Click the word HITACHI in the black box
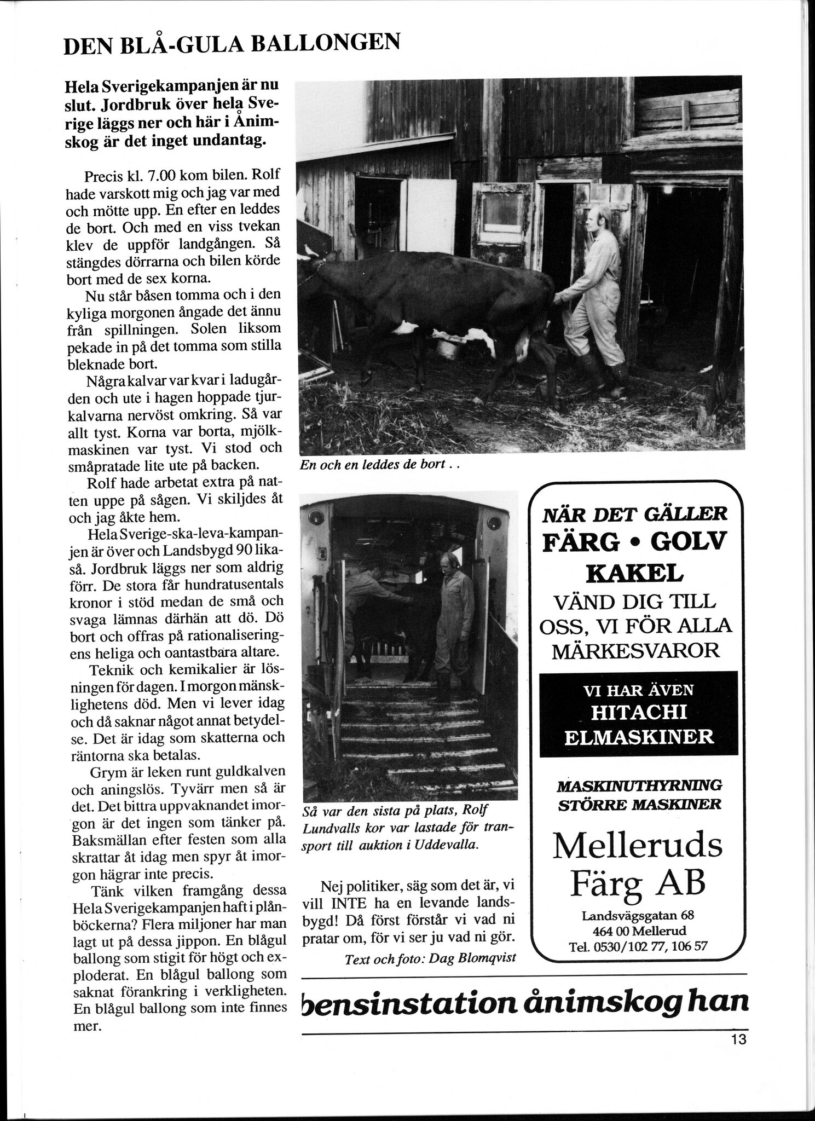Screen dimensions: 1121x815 (x=639, y=712)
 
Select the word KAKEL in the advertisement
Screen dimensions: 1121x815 (x=635, y=573)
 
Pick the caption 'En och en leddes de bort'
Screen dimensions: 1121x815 (x=377, y=466)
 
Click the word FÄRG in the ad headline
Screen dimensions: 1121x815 (x=581, y=542)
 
